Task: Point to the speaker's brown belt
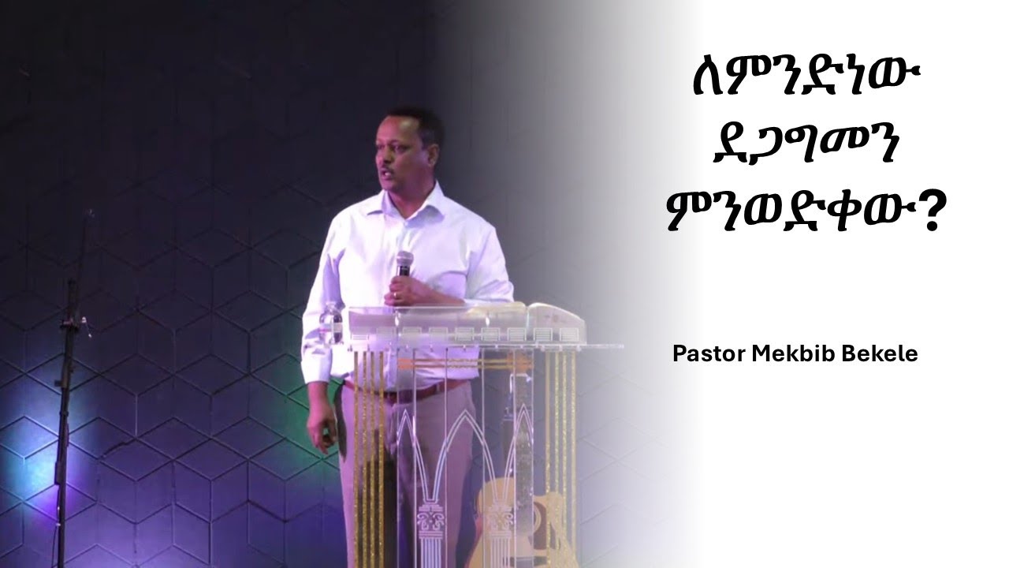(x=410, y=389)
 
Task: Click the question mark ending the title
(x=933, y=216)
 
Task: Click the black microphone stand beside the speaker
(x=67, y=394)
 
